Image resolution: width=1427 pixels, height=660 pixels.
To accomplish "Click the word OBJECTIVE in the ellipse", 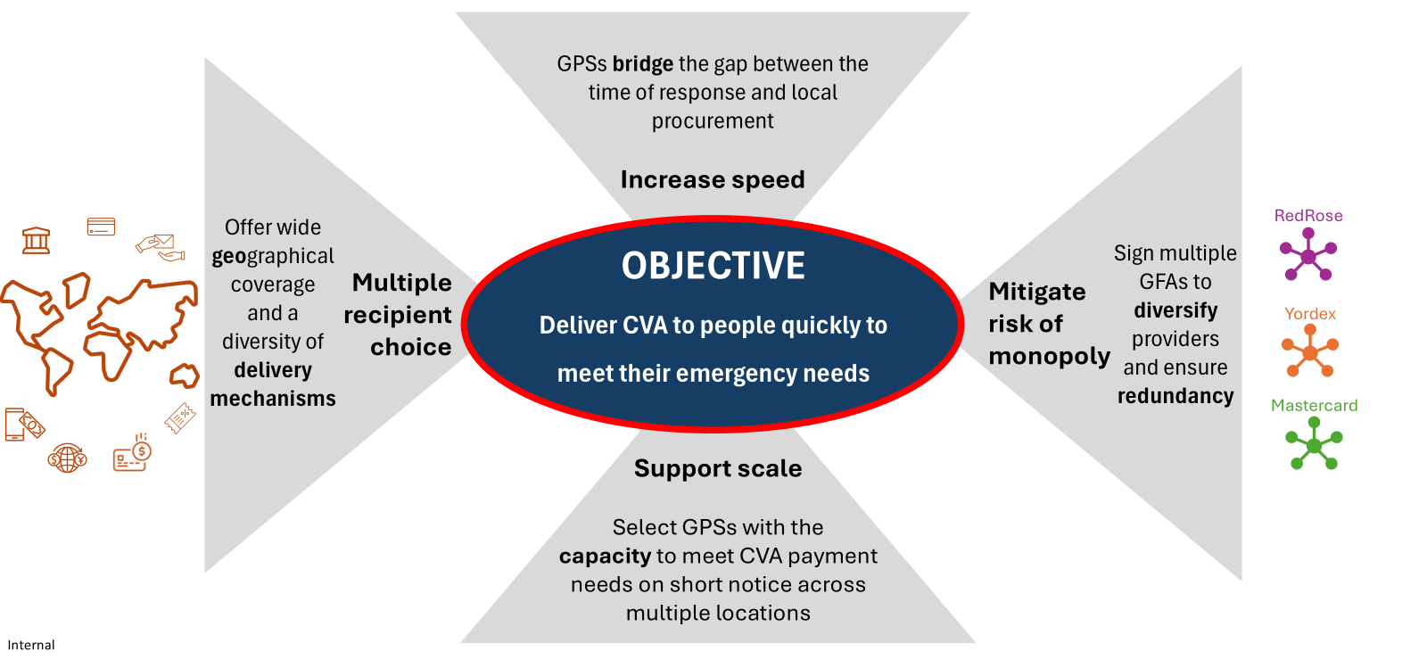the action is [713, 266].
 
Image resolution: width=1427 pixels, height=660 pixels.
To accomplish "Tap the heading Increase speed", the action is [713, 179].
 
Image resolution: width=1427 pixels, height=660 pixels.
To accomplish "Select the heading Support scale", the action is [718, 468].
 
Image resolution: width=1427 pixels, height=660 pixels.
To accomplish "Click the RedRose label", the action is [1307, 215].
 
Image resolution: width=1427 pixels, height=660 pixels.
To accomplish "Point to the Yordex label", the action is [1310, 313].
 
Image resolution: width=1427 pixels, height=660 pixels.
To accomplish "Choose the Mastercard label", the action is [1314, 405].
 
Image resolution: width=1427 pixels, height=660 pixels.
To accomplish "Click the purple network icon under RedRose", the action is [1307, 255].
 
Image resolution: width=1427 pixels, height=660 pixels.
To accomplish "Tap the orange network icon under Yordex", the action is [1310, 351].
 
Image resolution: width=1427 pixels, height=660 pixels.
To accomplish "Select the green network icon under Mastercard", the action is [1314, 443].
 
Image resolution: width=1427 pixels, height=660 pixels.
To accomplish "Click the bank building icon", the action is [37, 240].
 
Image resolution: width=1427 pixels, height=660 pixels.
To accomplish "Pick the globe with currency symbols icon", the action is [67, 458].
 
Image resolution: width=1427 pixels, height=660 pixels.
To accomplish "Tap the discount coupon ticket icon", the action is [180, 418].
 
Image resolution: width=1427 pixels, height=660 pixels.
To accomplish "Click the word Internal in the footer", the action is [31, 645].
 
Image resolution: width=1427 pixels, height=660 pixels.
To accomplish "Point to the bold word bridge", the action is [643, 63].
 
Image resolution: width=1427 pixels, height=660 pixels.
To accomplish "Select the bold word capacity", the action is [606, 557].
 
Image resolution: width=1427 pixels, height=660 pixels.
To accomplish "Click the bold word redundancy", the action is [1175, 396].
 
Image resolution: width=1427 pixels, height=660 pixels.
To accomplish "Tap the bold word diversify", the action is [1175, 310].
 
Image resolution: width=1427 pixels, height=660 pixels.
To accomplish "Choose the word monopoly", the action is [1049, 356].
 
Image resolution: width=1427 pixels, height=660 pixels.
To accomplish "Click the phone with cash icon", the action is [25, 425].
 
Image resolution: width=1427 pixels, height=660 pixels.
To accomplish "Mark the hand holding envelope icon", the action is [160, 247].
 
